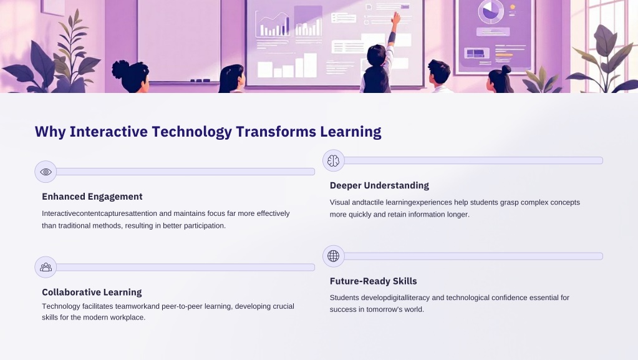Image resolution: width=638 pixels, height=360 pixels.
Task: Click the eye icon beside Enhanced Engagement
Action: coord(46,172)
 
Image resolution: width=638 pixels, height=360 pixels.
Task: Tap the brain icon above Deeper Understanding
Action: coord(333,161)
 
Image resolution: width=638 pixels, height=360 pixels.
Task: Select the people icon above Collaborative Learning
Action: coord(46,267)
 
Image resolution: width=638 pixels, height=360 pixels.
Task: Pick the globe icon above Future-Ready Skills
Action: coord(333,256)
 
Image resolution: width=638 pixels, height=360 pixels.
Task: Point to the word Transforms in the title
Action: coord(276,132)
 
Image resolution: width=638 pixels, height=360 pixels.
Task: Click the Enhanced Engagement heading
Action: coord(92,197)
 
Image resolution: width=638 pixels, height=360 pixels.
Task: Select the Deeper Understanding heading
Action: coord(379,186)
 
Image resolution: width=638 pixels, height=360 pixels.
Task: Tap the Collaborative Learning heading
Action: coord(92,292)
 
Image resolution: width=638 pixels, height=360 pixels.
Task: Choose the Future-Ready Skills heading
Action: coord(373,281)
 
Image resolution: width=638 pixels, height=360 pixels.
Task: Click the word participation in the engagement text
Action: coord(205,226)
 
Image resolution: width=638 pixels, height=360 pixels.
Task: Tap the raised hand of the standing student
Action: coord(395,17)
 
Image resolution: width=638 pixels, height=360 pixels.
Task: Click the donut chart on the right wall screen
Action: coord(491,11)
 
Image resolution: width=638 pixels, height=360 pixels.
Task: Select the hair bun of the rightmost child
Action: coord(506,70)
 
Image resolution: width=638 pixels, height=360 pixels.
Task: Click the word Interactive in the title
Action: coord(109,132)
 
